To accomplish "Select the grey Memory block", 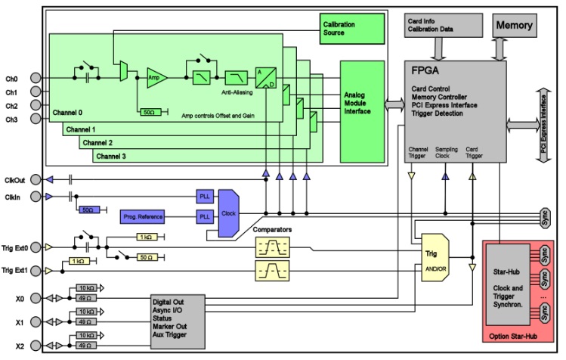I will (514, 25).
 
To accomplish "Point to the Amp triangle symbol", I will (154, 77).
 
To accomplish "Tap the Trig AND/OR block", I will (432, 260).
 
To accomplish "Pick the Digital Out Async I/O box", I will (178, 318).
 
